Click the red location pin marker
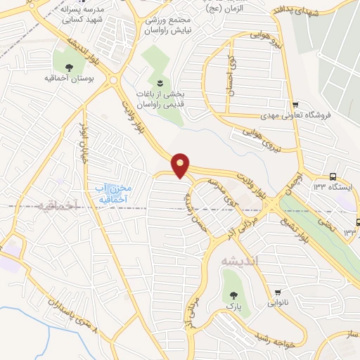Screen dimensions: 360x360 181,165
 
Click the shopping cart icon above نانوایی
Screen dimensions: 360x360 280,292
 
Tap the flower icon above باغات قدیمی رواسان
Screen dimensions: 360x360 160,84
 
